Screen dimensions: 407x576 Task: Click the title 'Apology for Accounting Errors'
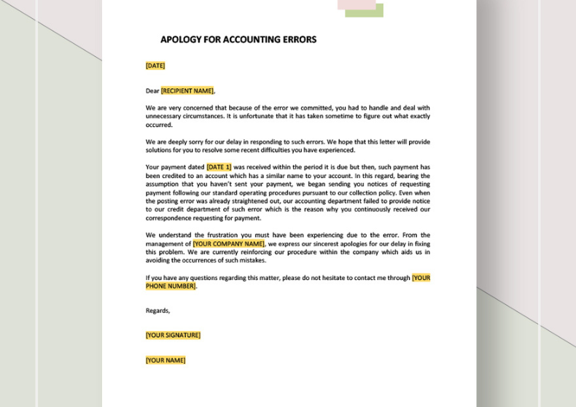[238, 39]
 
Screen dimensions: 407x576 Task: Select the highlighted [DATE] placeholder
[155, 66]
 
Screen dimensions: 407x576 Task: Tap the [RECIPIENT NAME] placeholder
[187, 91]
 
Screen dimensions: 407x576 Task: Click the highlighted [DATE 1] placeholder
[219, 167]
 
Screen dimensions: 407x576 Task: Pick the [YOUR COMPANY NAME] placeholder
[229, 244]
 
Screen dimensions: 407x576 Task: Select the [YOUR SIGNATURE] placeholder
[173, 336]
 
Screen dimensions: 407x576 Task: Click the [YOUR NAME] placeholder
[166, 360]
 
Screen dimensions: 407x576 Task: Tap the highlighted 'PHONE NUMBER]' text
[171, 287]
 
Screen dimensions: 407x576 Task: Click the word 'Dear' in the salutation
[152, 91]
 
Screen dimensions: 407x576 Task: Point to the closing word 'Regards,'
[157, 311]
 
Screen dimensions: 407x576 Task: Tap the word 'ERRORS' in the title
[299, 39]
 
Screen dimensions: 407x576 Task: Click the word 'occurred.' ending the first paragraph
[159, 125]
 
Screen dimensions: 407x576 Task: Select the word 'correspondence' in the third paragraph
[169, 218]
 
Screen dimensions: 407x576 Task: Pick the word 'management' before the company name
[168, 244]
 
